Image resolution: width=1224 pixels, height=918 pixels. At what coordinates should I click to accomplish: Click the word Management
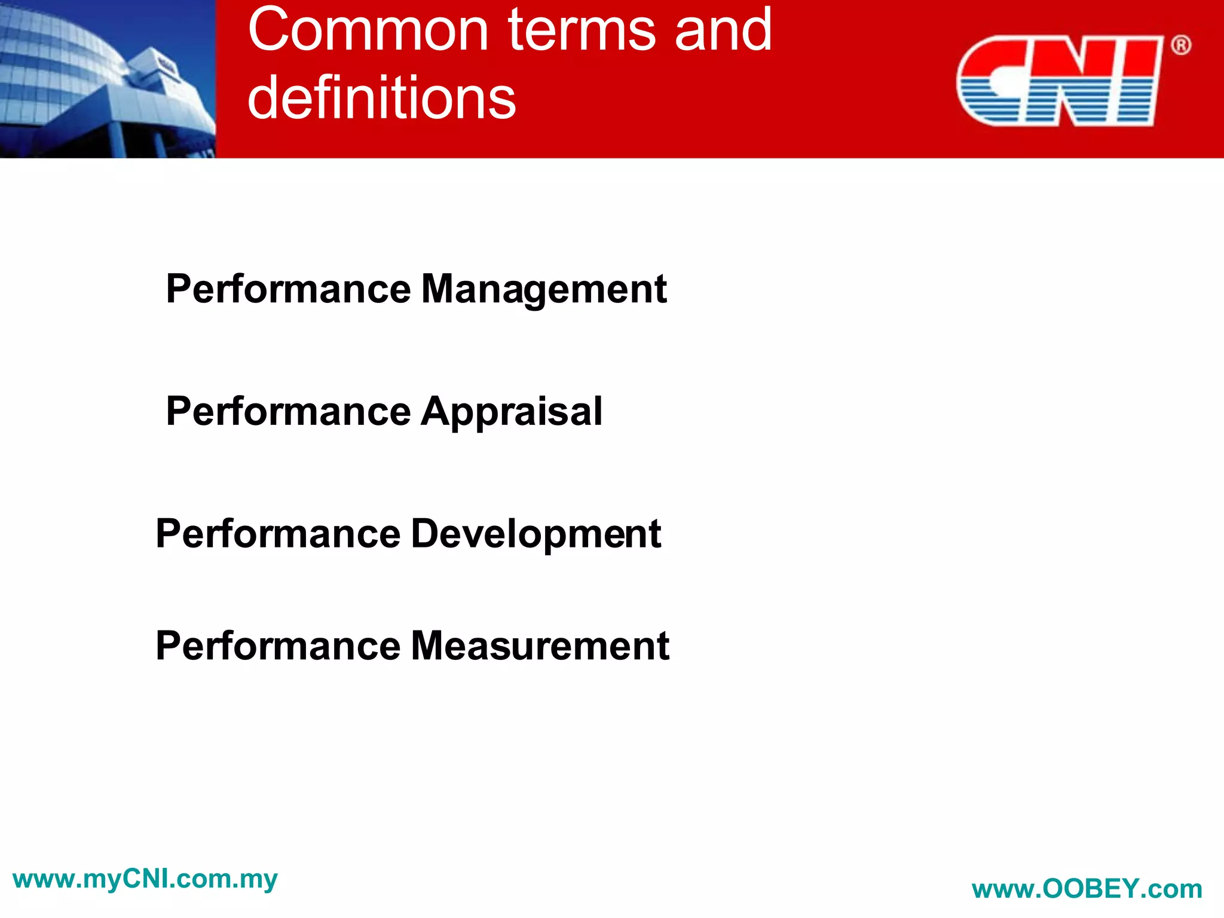point(543,289)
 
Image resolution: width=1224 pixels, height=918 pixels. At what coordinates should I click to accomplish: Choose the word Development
point(535,534)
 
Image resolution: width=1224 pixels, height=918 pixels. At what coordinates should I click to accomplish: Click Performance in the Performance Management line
point(288,289)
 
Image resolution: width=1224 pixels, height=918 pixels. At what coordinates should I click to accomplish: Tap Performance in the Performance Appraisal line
point(288,412)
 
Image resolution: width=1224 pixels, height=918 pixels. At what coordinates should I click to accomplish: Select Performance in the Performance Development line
point(278,534)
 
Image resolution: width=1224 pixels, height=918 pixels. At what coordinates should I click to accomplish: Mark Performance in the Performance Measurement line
point(278,646)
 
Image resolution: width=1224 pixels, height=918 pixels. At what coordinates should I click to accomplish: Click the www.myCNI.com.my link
point(145,879)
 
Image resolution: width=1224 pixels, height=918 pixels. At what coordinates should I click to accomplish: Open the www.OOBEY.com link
point(1087,889)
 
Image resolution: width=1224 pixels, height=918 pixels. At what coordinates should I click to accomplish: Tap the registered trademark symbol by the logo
point(1180,45)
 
